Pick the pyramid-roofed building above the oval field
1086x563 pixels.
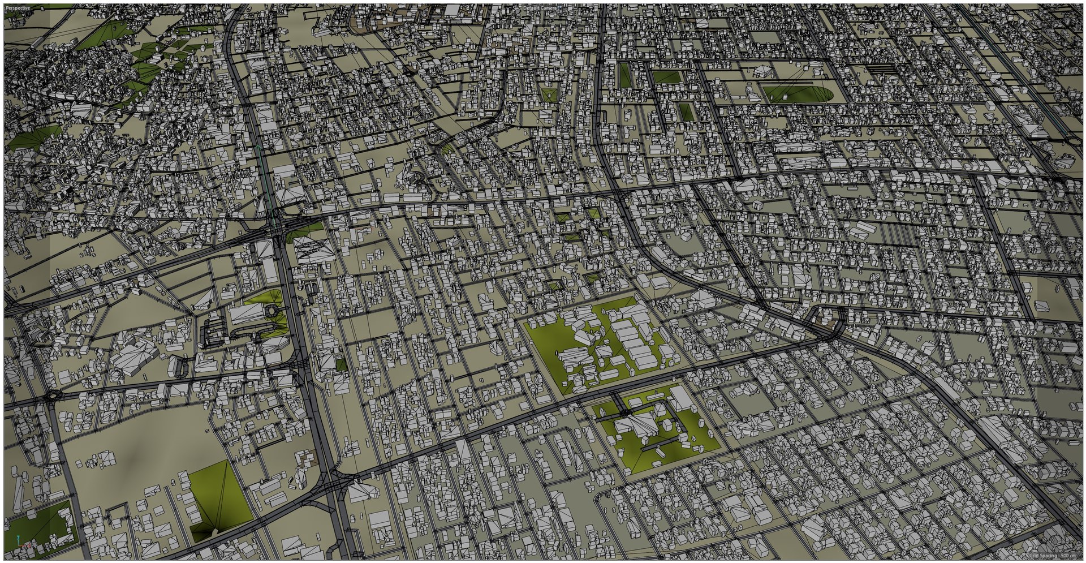tap(763, 71)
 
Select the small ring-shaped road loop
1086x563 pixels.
tap(274, 311)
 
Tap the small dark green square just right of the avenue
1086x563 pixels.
tap(341, 365)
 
